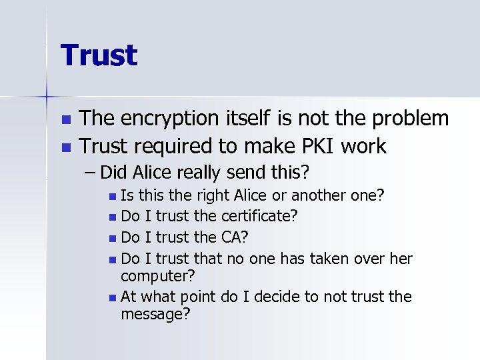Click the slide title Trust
pos(99,55)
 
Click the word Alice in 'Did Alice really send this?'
pos(152,173)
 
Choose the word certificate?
pos(259,217)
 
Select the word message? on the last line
pos(155,313)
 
